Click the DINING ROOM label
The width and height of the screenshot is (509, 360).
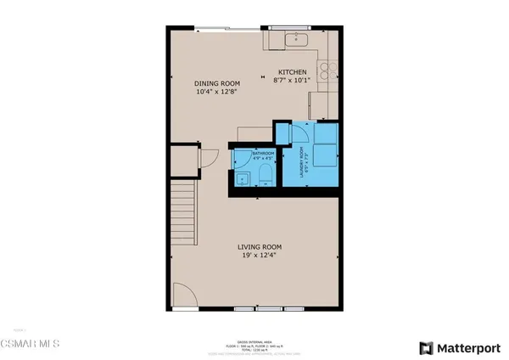(x=218, y=83)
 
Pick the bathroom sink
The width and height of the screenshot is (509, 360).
(x=241, y=177)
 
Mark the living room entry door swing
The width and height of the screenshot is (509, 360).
(x=184, y=294)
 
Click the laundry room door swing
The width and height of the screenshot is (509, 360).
(x=299, y=133)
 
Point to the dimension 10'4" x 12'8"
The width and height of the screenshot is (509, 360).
(x=218, y=92)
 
